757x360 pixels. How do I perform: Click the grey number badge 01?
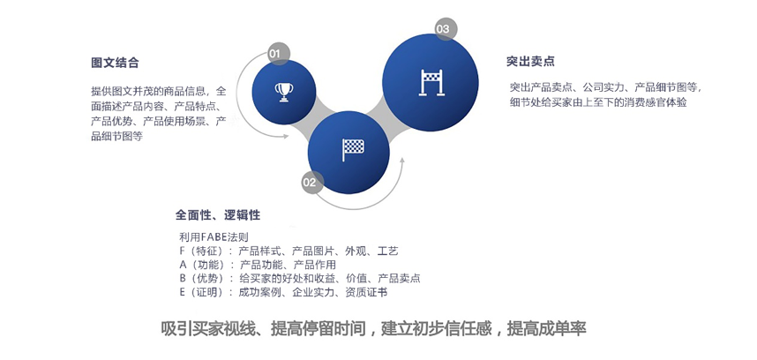coord(274,54)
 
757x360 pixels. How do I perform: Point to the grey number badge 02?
coord(309,183)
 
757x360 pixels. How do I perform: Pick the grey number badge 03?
coord(442,30)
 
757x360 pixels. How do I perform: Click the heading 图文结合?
coord(115,64)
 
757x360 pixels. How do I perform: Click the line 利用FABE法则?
coord(214,237)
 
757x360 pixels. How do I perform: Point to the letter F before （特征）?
coord(183,251)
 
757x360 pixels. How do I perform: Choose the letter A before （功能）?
coord(183,265)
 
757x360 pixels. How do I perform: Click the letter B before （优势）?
coord(183,278)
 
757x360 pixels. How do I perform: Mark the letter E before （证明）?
coord(183,292)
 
